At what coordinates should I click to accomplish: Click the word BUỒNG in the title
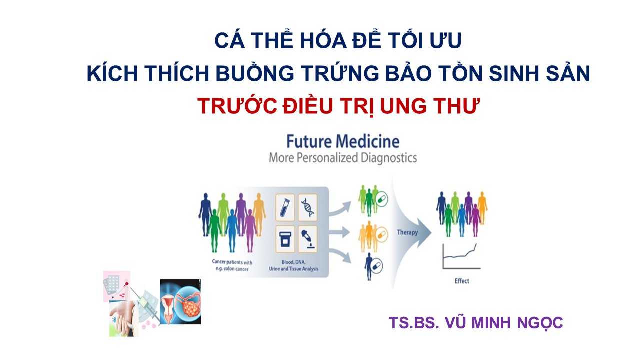pos(255,73)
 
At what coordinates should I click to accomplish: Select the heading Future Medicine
pos(343,141)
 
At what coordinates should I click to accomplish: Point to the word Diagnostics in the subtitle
pos(389,158)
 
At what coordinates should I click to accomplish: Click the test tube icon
pos(285,207)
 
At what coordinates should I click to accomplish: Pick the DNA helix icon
pos(308,207)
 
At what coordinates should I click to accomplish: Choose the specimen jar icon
pos(285,239)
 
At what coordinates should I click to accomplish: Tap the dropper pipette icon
pos(308,239)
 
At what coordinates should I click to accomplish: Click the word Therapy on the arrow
pos(407,232)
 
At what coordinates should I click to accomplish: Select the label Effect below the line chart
pos(462,281)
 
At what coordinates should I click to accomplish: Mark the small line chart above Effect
pos(461,256)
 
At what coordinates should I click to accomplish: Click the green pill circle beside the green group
pos(381,199)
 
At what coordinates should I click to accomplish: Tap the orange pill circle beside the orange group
pos(381,235)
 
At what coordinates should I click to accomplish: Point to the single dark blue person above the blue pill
pos(369,266)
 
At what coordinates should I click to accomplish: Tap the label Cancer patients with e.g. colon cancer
pos(232,265)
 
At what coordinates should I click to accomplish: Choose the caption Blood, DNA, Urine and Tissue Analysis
pos(293,265)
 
